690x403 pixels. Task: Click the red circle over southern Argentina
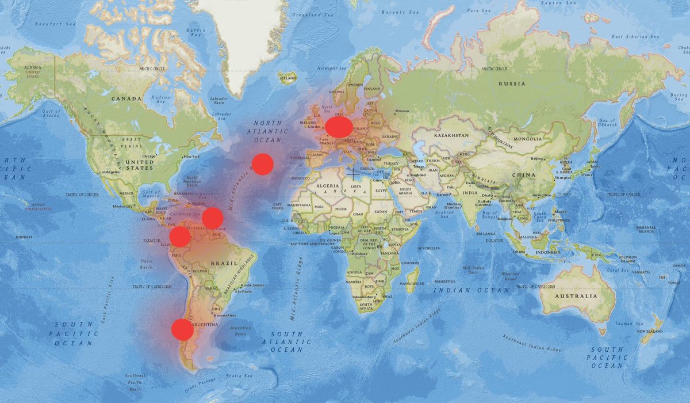coord(182,330)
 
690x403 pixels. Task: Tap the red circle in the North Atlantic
coord(262,164)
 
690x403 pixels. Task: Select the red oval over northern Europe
coord(339,126)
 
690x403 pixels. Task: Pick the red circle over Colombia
coord(179,237)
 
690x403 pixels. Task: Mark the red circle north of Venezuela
coord(212,218)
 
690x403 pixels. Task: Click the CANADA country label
coord(126,98)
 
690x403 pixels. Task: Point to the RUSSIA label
coord(512,83)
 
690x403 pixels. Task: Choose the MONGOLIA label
coord(528,139)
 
